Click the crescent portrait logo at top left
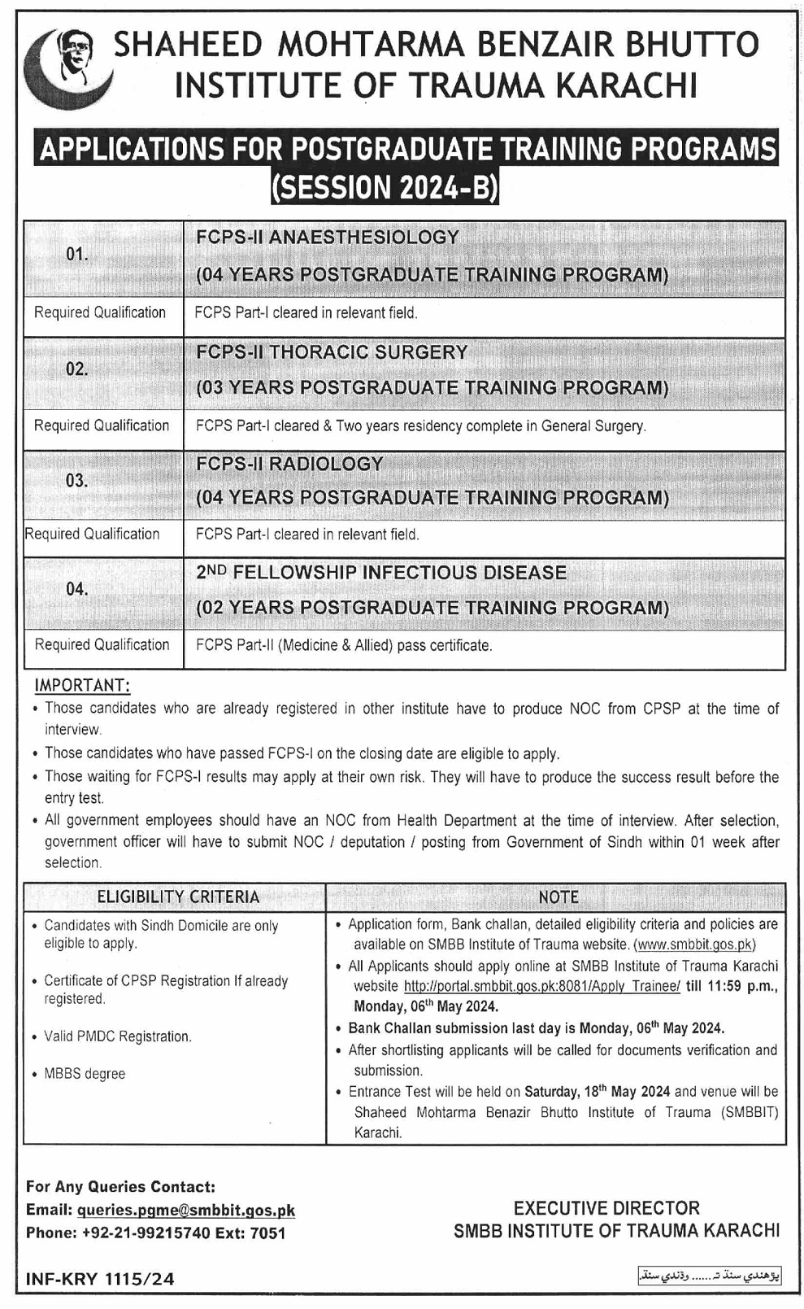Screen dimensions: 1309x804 (x=68, y=68)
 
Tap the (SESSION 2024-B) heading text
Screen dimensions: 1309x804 (x=385, y=188)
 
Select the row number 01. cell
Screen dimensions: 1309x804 (x=77, y=255)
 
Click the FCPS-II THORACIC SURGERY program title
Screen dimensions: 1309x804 (x=332, y=352)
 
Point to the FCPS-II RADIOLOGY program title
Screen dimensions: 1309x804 (x=289, y=464)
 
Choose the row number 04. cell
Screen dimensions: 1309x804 (x=77, y=589)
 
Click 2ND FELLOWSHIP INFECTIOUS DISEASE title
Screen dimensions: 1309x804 (x=381, y=573)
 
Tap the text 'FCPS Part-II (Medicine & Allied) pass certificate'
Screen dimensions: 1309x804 (x=343, y=645)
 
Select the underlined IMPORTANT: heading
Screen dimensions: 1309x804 (x=81, y=685)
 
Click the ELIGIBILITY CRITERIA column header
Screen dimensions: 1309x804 (x=178, y=897)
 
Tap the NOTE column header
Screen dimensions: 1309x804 (x=558, y=897)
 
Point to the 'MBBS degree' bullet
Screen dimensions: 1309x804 (x=85, y=1074)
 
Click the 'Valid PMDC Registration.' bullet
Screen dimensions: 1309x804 (x=117, y=1036)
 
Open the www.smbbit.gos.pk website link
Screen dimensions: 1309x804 (x=695, y=945)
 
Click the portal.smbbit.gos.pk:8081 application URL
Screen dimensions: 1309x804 (x=541, y=986)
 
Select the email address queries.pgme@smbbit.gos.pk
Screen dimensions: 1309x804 (x=186, y=1211)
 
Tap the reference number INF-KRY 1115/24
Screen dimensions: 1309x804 (x=100, y=1279)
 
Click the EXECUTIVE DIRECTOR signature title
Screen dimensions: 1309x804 (x=606, y=1208)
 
